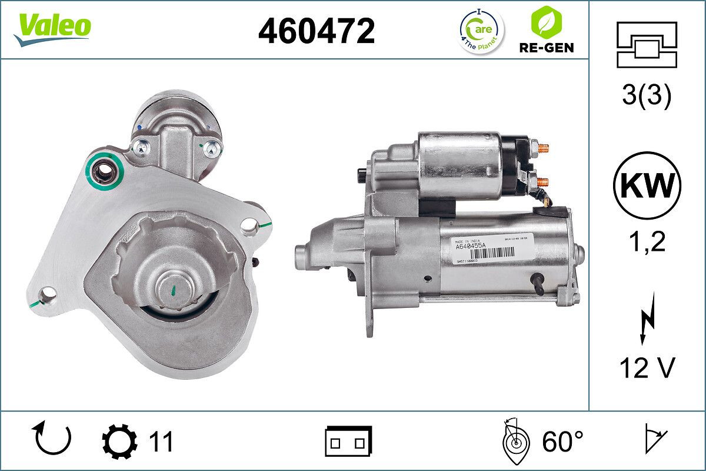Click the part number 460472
coord(317,31)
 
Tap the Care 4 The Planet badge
coord(481,31)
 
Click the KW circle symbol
coord(647,185)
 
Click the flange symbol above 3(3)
coord(647,44)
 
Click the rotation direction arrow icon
coord(52,440)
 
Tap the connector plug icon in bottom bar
coord(348,441)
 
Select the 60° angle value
coord(562,441)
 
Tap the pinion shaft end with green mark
coord(175,288)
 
